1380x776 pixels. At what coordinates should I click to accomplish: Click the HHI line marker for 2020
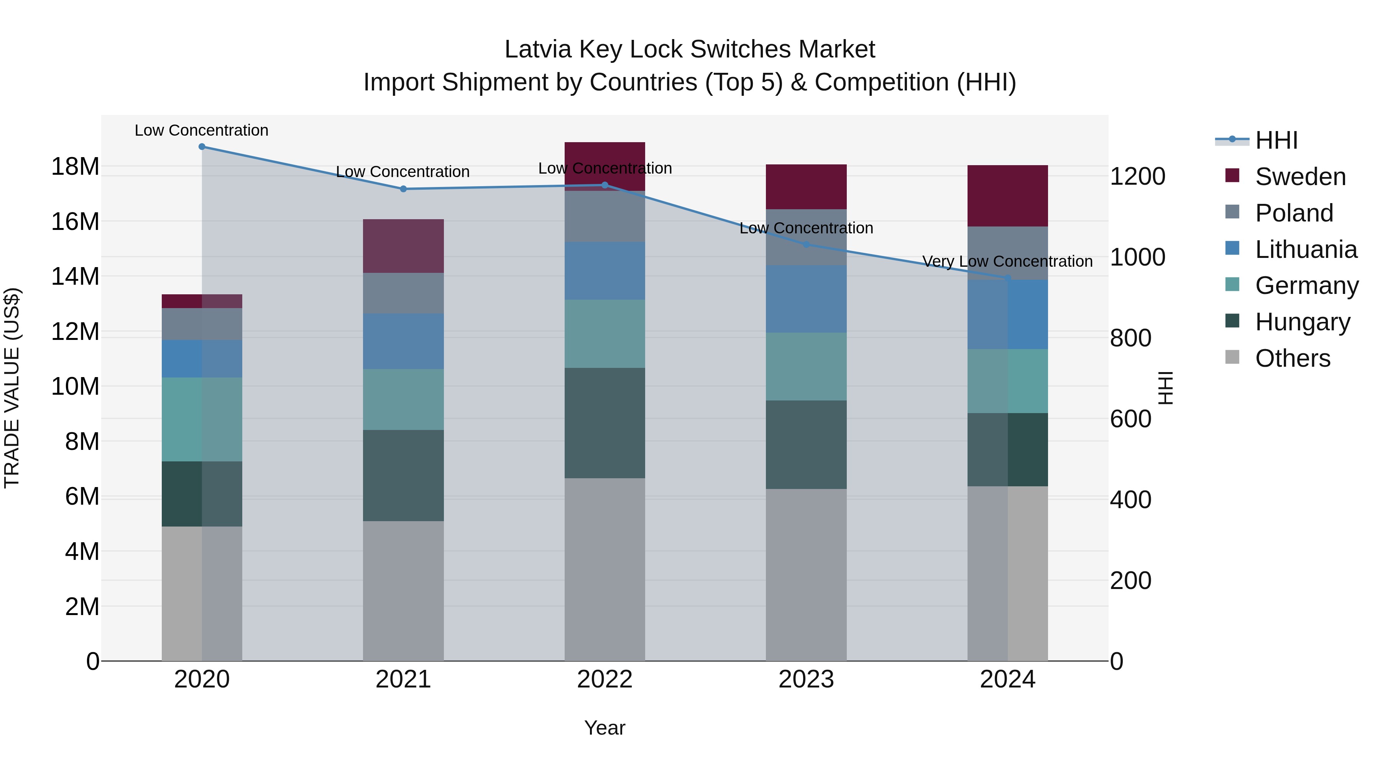pos(202,147)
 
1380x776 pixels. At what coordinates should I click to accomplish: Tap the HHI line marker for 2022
pos(605,185)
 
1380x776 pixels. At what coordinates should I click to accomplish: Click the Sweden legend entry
pos(1300,177)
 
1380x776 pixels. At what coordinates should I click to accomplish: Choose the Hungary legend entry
pos(1302,322)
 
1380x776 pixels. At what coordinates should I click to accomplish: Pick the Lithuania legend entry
pos(1306,249)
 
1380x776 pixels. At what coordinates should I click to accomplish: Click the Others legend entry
pos(1292,358)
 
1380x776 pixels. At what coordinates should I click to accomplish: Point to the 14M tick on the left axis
pos(75,277)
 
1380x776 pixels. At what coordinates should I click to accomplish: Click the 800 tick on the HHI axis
pos(1130,338)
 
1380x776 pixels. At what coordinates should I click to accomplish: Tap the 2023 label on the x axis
pos(806,679)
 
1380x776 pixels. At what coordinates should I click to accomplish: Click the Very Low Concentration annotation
pos(1007,261)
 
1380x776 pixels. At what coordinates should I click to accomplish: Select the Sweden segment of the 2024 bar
pos(1007,196)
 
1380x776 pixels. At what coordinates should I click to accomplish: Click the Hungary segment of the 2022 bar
pos(605,423)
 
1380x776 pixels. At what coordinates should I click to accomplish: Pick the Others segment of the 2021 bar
pos(403,591)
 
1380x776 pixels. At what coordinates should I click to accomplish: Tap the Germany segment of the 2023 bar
pos(806,367)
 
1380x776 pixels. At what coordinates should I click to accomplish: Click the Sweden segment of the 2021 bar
pos(403,246)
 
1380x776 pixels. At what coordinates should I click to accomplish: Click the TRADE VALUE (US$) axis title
pos(12,388)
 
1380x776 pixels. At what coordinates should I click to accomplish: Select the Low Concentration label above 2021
pos(403,172)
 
